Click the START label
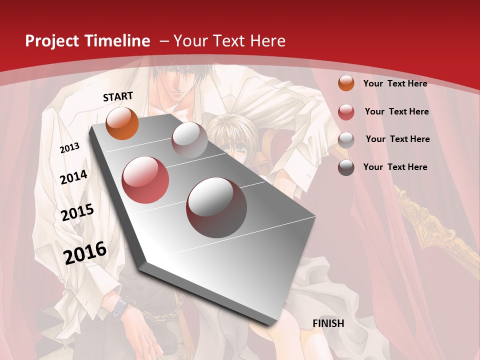118,96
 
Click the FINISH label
328,323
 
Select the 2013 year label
70,148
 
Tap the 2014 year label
73,177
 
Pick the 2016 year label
85,252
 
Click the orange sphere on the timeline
122,123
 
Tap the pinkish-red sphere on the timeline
145,179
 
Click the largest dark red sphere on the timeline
216,207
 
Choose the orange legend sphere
346,83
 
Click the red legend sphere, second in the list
346,111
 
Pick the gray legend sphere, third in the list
346,139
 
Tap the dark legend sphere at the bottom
346,167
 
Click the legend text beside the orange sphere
395,83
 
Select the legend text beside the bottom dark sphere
395,167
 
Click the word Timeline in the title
116,41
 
